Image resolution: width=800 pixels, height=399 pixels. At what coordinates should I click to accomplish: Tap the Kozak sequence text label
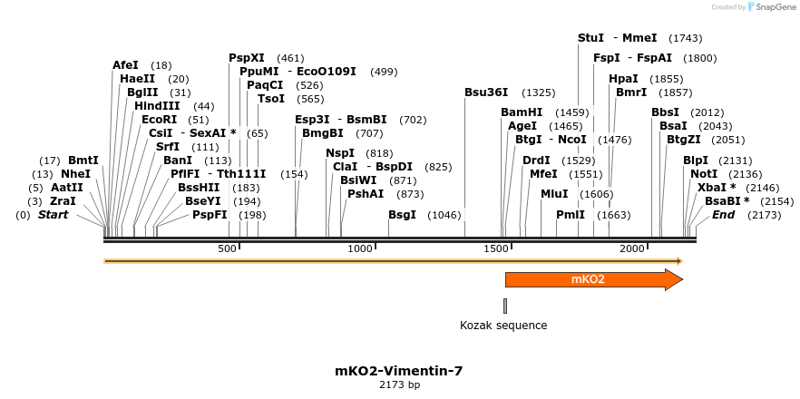(503, 326)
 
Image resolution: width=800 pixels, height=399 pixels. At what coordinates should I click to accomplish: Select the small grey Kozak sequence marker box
(505, 306)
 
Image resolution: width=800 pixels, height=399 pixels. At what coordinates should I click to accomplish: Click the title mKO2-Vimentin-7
(399, 371)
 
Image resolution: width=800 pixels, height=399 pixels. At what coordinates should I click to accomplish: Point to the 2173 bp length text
(399, 385)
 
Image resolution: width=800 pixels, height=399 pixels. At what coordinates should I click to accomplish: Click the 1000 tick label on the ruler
(361, 248)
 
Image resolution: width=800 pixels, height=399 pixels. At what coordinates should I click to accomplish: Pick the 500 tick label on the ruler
(227, 248)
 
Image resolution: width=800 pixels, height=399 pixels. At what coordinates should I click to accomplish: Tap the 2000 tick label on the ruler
(631, 248)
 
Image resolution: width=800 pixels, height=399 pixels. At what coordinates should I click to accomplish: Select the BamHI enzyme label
(522, 112)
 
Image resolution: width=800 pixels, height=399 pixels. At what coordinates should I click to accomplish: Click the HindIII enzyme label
(157, 106)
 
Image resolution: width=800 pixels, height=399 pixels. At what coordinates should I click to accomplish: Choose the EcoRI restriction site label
(159, 120)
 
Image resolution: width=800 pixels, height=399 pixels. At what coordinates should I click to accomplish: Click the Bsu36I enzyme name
(486, 92)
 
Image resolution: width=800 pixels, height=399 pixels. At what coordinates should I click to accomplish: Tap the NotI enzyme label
(704, 174)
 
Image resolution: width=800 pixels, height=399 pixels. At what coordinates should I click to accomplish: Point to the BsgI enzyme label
(402, 215)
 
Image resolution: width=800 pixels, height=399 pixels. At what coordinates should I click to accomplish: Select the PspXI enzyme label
(247, 58)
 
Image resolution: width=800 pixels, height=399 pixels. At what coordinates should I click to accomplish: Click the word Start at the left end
(54, 215)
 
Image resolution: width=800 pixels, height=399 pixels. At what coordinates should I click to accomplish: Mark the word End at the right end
(723, 215)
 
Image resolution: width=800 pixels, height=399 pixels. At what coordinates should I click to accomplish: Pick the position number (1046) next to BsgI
(444, 215)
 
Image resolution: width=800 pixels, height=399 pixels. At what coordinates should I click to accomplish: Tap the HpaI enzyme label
(623, 79)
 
